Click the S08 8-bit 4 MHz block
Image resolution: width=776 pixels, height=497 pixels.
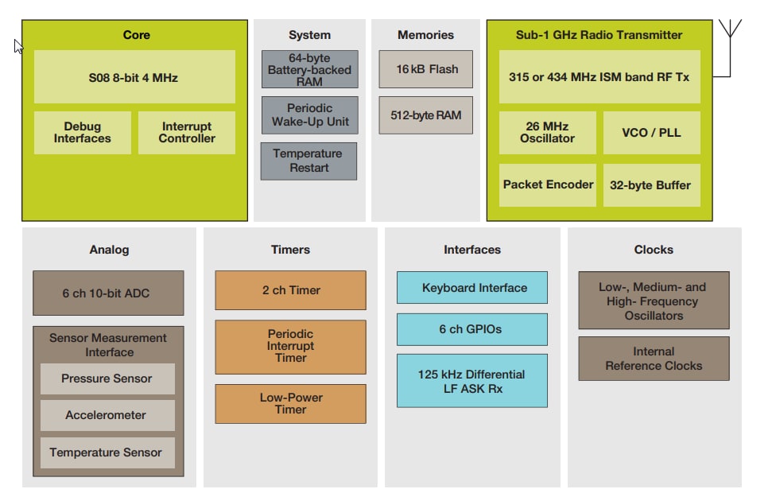134,77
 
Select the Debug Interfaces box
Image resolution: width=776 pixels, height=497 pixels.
83,133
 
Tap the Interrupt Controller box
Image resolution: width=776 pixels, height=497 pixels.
187,133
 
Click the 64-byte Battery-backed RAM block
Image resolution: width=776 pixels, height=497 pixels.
309,70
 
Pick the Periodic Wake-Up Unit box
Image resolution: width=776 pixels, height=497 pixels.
309,115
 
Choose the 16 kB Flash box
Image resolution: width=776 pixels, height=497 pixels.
425,69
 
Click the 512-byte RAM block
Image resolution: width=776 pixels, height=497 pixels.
425,115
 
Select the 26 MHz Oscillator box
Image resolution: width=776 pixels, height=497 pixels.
547,133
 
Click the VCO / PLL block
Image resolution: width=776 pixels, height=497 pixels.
651,133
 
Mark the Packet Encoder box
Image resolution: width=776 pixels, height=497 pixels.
547,185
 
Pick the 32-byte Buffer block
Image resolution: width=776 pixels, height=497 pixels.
651,185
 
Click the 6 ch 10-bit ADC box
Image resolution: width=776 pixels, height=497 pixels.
108,293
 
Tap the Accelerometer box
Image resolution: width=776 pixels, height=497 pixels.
107,415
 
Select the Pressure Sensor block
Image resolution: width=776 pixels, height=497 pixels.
107,379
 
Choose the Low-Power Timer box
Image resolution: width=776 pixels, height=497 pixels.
290,404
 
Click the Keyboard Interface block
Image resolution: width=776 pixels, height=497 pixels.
472,288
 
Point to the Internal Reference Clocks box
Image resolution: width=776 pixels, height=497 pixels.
654,359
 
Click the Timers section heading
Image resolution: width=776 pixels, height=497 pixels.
290,250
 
